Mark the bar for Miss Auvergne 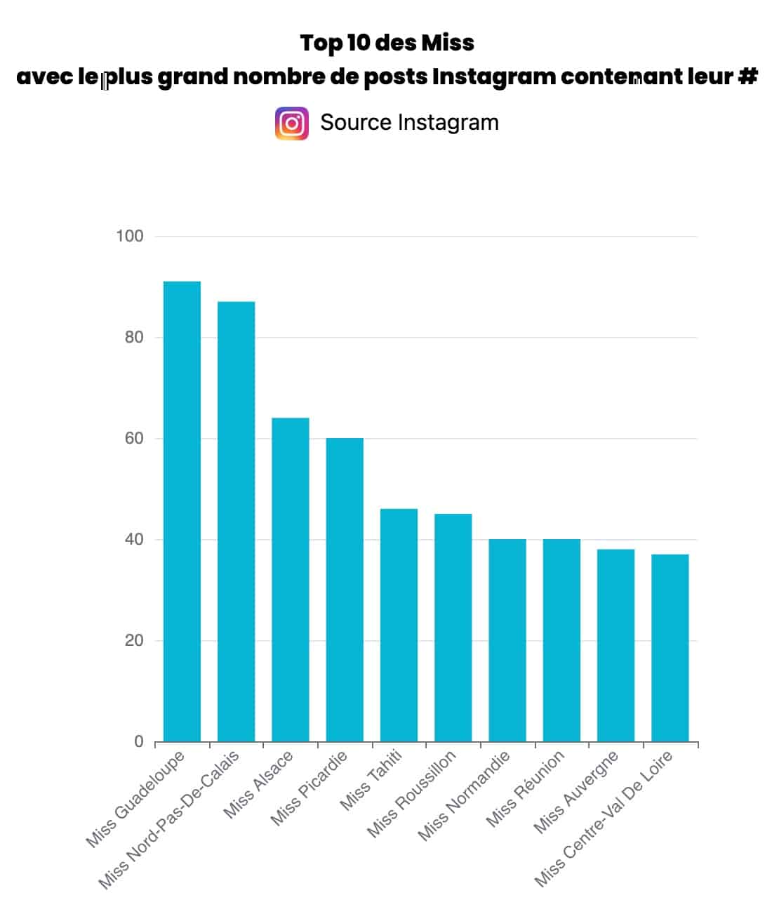[615, 645]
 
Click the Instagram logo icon [292, 124]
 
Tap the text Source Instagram [409, 122]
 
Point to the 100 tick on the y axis [130, 237]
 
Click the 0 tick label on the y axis [139, 742]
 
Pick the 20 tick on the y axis [133, 641]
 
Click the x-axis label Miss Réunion [526, 788]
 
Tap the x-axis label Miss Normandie [464, 795]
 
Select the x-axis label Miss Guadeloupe [135, 799]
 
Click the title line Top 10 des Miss [387, 43]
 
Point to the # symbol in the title [747, 76]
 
